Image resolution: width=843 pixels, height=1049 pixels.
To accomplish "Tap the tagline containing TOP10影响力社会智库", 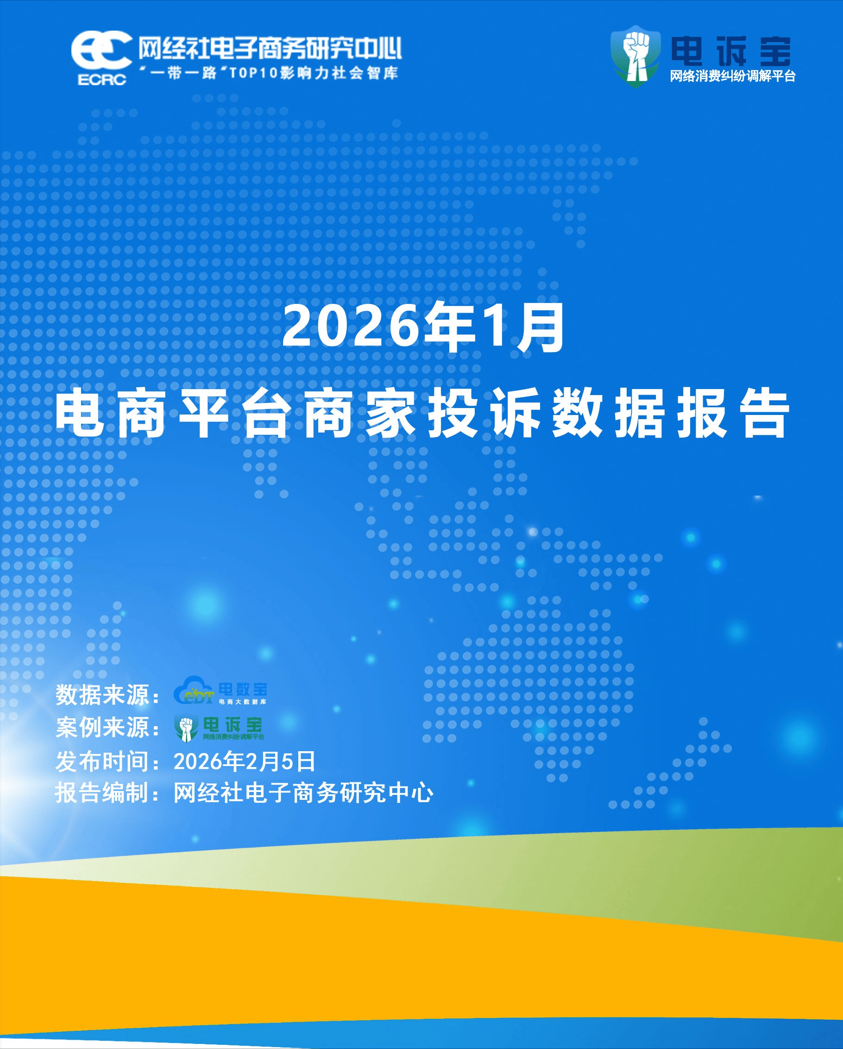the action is tap(269, 73).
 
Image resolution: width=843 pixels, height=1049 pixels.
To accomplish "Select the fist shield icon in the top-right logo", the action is tap(635, 57).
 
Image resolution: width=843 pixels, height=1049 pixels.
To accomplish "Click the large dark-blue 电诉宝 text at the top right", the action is tap(730, 51).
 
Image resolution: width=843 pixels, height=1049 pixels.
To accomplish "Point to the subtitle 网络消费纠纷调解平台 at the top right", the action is tap(732, 76).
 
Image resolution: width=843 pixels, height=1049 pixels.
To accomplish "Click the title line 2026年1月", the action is tap(423, 327).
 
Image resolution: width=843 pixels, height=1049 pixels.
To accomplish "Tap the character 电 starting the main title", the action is tap(80, 413).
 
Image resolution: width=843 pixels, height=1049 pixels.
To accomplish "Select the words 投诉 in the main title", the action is tap(484, 413).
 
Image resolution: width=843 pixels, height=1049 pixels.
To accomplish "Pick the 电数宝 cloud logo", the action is tap(220, 690).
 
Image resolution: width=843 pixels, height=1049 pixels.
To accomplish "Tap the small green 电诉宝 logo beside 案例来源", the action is tap(219, 729).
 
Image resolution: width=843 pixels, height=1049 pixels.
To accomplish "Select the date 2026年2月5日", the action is tap(245, 761).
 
